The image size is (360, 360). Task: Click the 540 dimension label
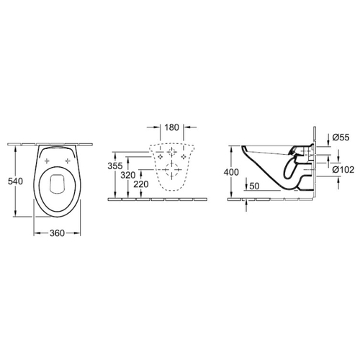pyautogui.click(x=15, y=181)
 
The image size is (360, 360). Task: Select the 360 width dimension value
pyautogui.click(x=57, y=233)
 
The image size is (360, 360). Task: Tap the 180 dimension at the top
pyautogui.click(x=171, y=127)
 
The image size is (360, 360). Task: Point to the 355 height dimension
pyautogui.click(x=115, y=166)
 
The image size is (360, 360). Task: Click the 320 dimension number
pyautogui.click(x=128, y=175)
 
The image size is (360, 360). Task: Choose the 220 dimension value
pyautogui.click(x=141, y=184)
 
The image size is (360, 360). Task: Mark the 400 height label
pyautogui.click(x=231, y=172)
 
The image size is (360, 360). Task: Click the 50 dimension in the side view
pyautogui.click(x=254, y=186)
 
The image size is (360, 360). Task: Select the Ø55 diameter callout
pyautogui.click(x=341, y=138)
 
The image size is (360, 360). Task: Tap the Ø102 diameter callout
pyautogui.click(x=343, y=170)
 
